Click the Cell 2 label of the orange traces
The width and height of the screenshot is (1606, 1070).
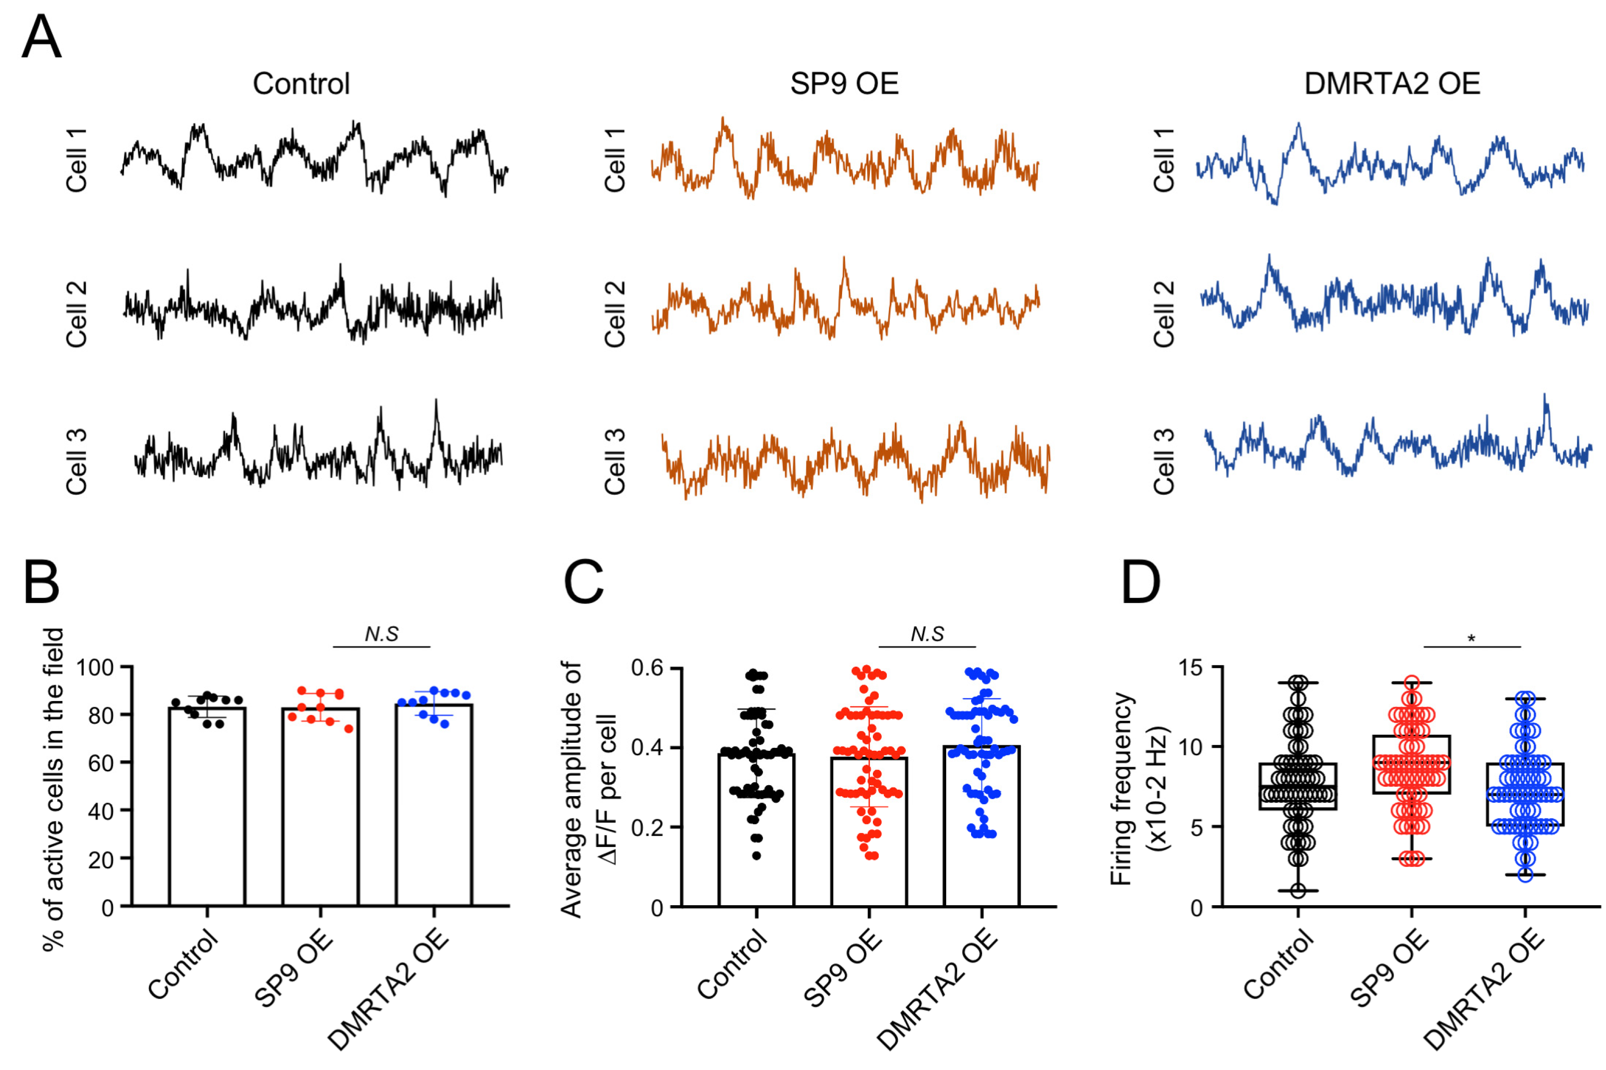[615, 313]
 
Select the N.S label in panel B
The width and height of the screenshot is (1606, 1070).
[381, 634]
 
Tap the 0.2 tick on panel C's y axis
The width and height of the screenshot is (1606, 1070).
[646, 827]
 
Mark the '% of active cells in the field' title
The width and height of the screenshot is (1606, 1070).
[53, 788]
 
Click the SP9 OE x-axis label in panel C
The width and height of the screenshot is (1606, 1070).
[844, 969]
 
